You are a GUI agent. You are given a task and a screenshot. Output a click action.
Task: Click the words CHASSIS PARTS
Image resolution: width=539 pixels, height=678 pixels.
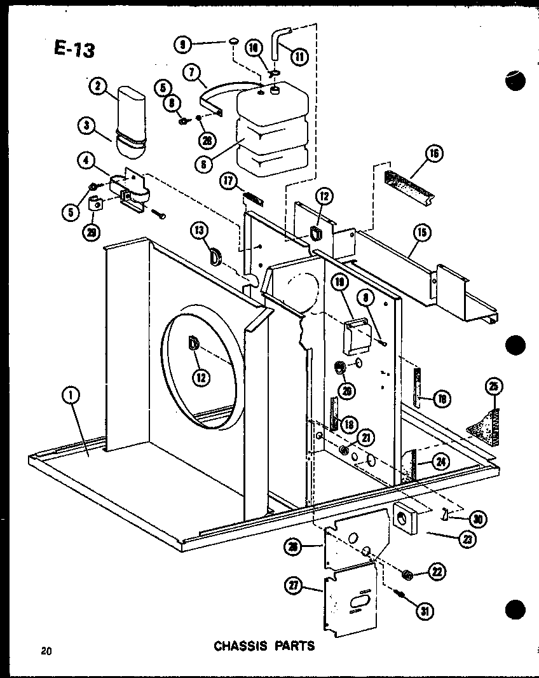(264, 646)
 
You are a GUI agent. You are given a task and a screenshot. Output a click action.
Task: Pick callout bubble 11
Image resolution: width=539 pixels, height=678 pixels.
(299, 56)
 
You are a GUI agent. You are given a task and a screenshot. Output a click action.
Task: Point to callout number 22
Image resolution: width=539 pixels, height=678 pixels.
(437, 571)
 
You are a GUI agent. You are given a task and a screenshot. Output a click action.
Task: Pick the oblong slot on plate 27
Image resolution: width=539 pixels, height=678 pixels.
(357, 602)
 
